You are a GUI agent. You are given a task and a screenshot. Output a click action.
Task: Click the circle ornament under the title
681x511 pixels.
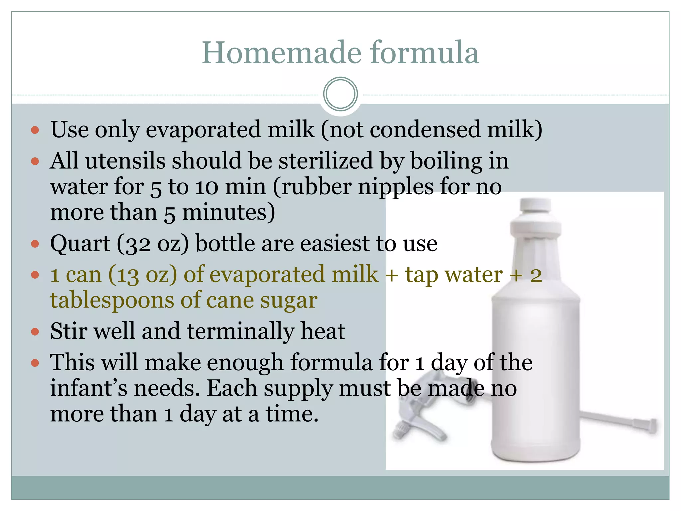pyautogui.click(x=340, y=94)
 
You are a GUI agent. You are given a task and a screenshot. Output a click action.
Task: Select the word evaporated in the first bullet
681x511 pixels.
pyautogui.click(x=204, y=130)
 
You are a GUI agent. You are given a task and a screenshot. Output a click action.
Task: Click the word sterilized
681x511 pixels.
pyautogui.click(x=326, y=161)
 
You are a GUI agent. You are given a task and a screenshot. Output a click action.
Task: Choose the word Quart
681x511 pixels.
pyautogui.click(x=80, y=244)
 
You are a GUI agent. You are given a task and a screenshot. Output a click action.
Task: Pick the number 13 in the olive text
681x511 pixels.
pyautogui.click(x=128, y=275)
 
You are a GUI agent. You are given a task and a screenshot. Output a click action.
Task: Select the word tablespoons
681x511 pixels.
pyautogui.click(x=112, y=300)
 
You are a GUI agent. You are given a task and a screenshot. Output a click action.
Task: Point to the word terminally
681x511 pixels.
pyautogui.click(x=240, y=331)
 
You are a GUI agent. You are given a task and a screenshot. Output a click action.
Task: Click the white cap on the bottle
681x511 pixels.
pyautogui.click(x=535, y=206)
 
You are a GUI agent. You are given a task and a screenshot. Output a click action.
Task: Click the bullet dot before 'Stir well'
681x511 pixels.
pyautogui.click(x=35, y=332)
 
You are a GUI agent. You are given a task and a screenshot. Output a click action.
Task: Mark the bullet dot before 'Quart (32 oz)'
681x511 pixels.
pyautogui.click(x=35, y=244)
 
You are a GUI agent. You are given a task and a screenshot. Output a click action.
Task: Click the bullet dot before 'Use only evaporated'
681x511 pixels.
pyautogui.click(x=35, y=130)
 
